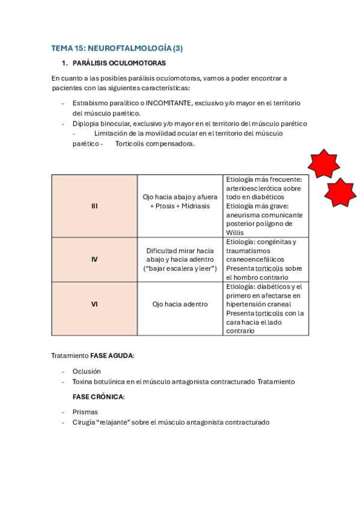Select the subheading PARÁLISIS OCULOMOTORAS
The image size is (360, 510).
click(119, 63)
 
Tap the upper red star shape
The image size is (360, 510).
click(323, 164)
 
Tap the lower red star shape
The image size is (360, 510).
click(340, 192)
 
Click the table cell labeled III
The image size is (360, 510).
click(94, 206)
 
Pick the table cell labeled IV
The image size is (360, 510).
click(94, 259)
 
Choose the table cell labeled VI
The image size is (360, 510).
click(94, 304)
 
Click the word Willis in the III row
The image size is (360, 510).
click(235, 233)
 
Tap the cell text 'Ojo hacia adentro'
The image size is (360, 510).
click(180, 304)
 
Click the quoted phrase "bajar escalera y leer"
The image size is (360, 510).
click(180, 268)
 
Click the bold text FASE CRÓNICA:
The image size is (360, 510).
click(99, 397)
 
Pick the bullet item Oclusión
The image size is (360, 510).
click(87, 371)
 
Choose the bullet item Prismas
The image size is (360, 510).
click(85, 412)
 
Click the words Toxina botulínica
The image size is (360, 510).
click(99, 381)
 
